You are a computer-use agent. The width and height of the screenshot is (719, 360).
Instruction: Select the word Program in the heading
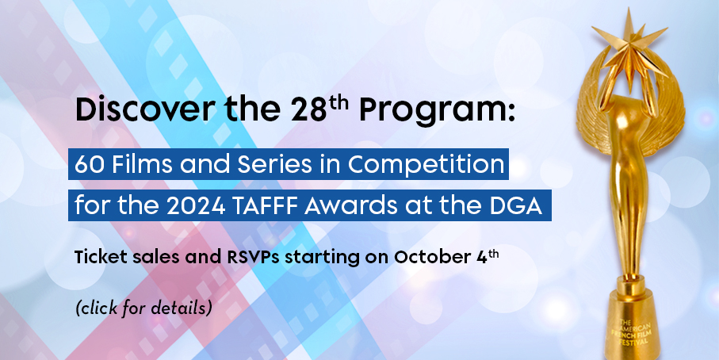431,112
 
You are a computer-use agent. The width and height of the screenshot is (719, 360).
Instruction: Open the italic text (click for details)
143,308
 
